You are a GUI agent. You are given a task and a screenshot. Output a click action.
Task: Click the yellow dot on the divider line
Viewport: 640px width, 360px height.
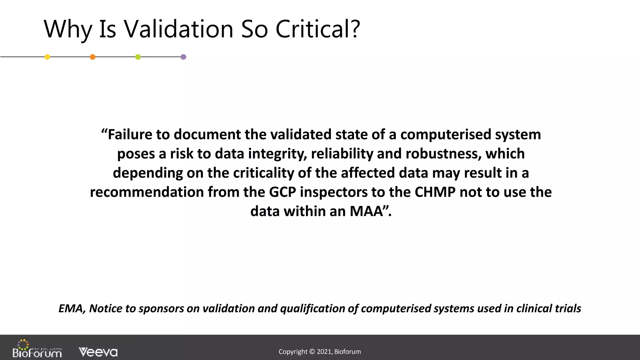(x=47, y=57)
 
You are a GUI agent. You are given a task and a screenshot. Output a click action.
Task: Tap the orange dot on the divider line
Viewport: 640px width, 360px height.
(x=92, y=57)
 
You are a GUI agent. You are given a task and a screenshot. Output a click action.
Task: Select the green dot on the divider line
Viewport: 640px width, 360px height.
(x=138, y=57)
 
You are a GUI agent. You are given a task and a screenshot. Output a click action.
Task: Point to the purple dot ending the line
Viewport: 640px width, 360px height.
(x=183, y=57)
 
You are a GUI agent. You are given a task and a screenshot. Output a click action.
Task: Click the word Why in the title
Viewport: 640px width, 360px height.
(x=68, y=30)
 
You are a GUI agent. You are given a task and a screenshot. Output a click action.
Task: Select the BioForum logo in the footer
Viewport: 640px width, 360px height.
(x=37, y=349)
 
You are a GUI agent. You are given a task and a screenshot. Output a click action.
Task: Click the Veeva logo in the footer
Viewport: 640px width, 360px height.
(x=98, y=352)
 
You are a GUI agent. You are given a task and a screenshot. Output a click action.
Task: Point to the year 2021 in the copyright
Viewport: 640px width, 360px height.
(x=324, y=352)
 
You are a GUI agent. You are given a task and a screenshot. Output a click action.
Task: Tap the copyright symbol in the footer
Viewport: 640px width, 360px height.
(x=312, y=352)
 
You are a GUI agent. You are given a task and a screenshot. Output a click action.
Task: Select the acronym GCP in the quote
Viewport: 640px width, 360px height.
(x=282, y=192)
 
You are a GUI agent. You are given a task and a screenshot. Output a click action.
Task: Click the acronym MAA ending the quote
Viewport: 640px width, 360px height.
(x=367, y=211)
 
